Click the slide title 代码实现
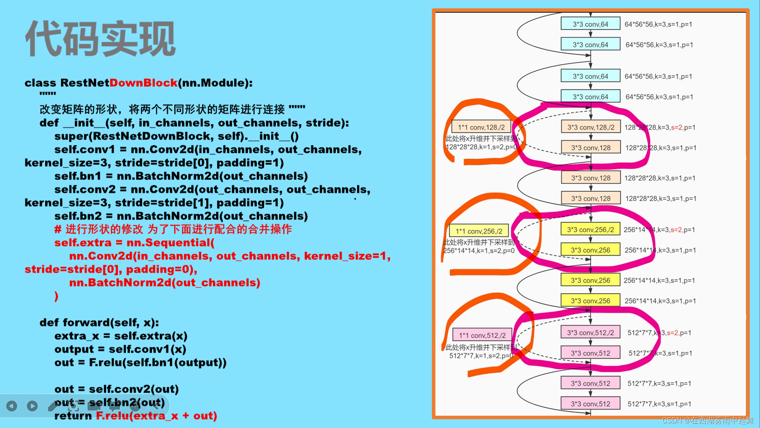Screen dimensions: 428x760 100,39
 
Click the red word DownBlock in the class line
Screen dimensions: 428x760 143,83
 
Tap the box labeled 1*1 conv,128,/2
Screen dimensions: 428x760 481,127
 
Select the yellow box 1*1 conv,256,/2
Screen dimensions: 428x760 479,231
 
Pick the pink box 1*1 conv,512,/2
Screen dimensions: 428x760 482,335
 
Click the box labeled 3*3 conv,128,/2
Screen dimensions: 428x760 591,127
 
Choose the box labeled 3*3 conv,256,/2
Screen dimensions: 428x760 590,230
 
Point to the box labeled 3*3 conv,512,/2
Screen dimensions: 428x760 590,333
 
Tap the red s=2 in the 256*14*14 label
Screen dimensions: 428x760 676,230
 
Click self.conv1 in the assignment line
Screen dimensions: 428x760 84,149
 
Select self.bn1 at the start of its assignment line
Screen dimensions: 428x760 78,176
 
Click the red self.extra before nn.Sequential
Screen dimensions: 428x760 83,243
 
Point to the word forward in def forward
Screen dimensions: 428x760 86,323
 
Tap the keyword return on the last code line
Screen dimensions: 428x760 73,416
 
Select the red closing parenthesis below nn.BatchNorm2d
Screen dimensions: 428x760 57,296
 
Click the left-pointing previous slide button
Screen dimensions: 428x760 12,406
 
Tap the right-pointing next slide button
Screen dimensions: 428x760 32,406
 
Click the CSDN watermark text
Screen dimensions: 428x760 707,420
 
